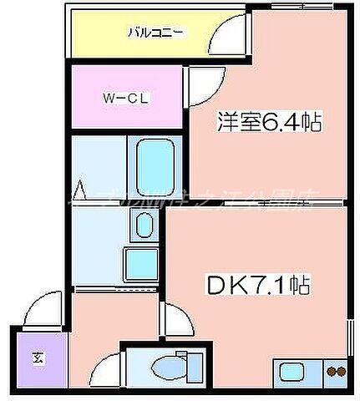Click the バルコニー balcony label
pyautogui.click(x=156, y=33)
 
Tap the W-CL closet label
pyautogui.click(x=126, y=98)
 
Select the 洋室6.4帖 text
pyautogui.click(x=270, y=123)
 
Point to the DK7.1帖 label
pyautogui.click(x=258, y=287)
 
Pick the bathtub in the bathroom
pyautogui.click(x=151, y=167)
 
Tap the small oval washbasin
pyautogui.click(x=144, y=225)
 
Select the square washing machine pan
pyautogui.click(x=139, y=266)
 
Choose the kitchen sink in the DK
pyautogui.click(x=294, y=372)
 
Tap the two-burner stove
pyautogui.click(x=335, y=373)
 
